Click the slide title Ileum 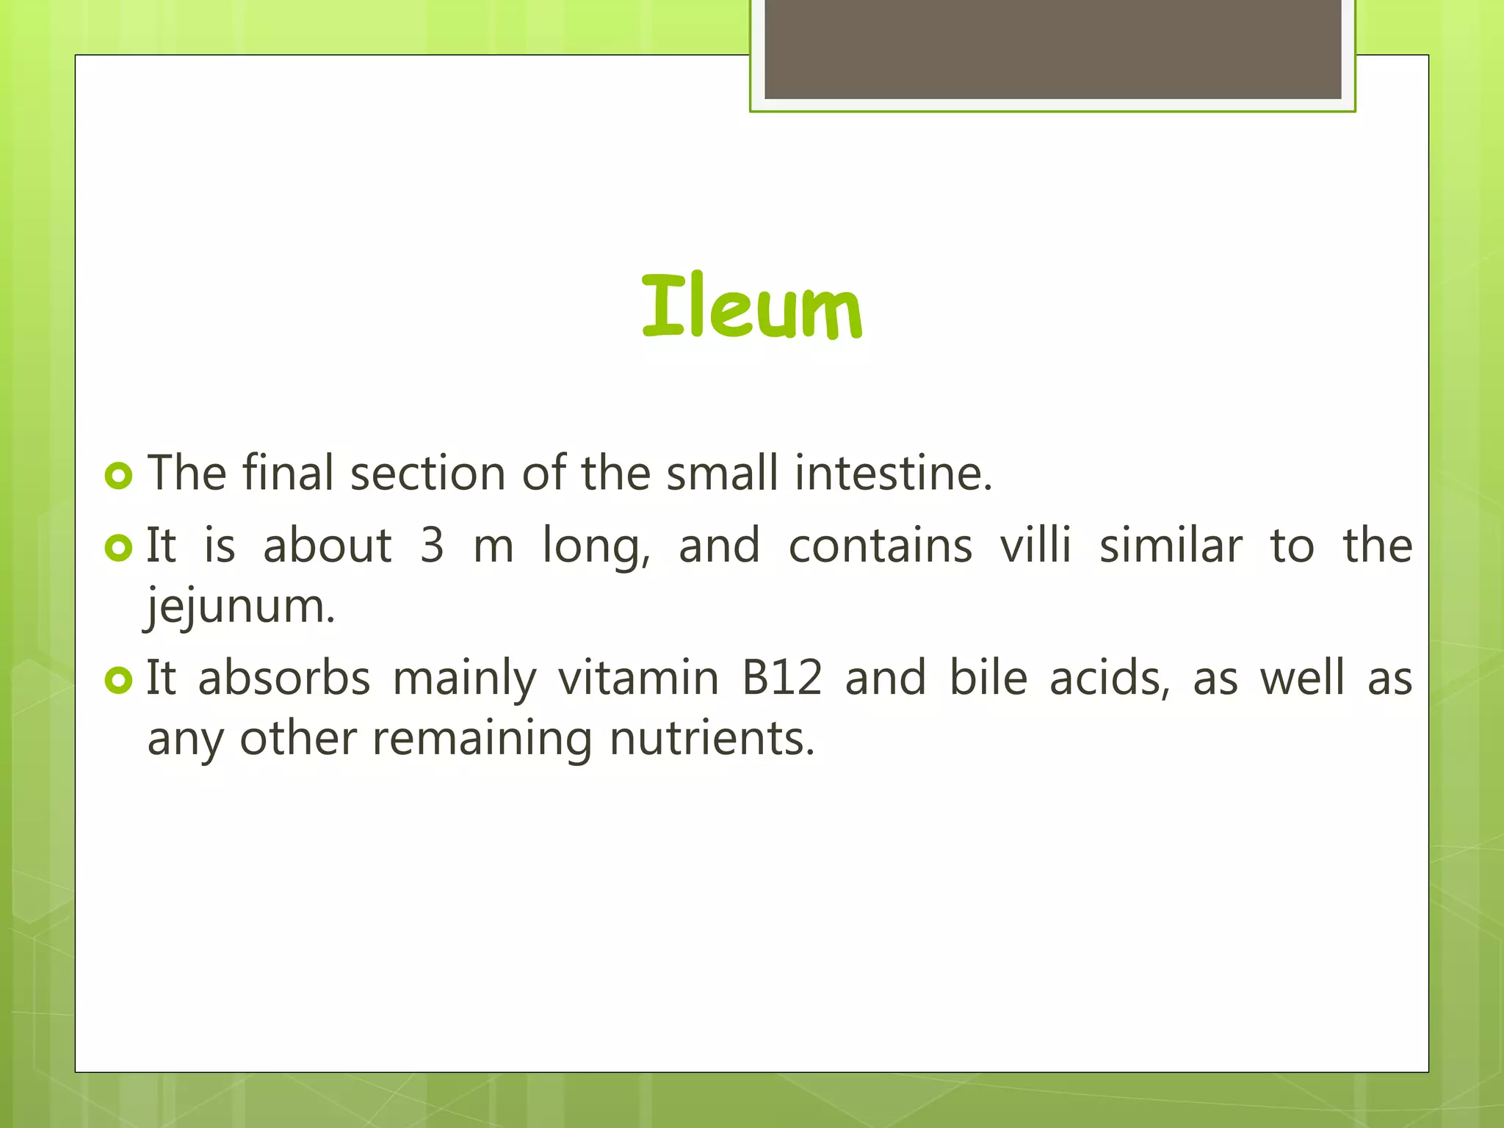(x=752, y=307)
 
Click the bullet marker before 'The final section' (x=119, y=475)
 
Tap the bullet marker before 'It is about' (x=119, y=547)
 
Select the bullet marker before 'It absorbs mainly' (x=119, y=679)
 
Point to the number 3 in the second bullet (x=433, y=546)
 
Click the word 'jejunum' (x=239, y=607)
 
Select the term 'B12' (x=781, y=677)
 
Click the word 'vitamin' (x=638, y=677)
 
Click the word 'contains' (x=880, y=546)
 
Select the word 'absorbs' (x=284, y=677)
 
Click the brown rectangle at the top (x=1052, y=48)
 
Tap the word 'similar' (x=1171, y=546)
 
